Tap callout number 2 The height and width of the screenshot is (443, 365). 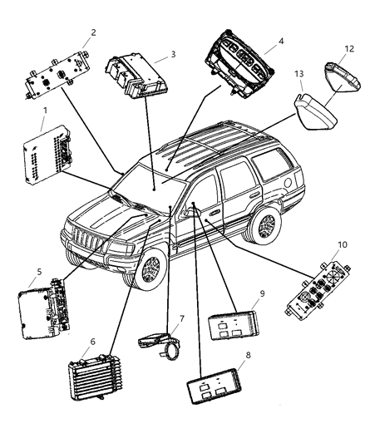click(x=93, y=32)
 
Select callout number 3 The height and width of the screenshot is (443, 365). click(x=173, y=54)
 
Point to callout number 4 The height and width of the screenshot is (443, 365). click(x=281, y=40)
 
